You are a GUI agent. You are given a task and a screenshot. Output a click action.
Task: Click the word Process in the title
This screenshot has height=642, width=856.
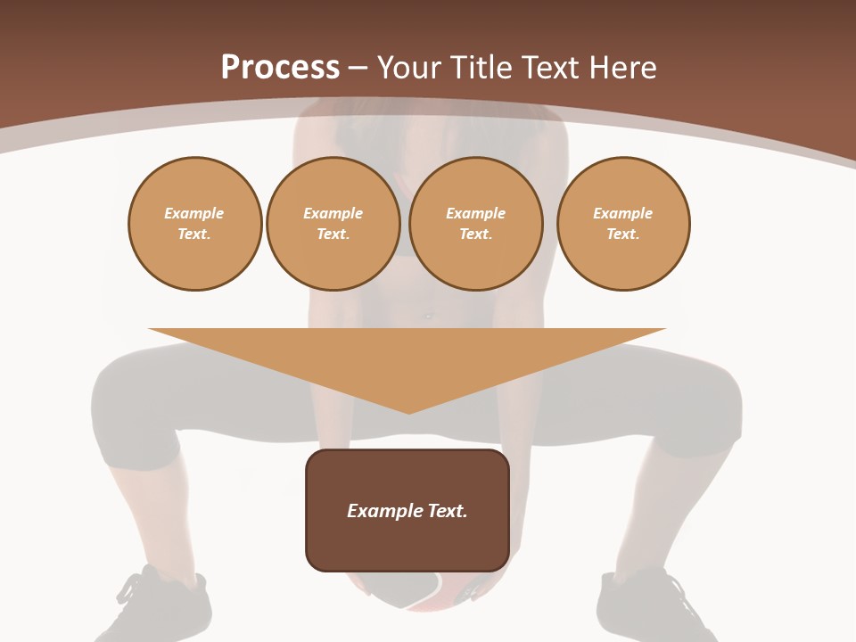(280, 68)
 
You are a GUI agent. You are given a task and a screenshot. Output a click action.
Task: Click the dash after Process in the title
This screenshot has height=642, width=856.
(358, 70)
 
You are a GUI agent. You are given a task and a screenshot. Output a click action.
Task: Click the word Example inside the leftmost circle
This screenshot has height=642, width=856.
(194, 213)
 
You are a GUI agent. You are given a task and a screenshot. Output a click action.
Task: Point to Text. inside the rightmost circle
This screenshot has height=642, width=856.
(622, 235)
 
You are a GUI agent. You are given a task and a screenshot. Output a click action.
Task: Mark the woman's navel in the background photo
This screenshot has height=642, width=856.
(428, 315)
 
